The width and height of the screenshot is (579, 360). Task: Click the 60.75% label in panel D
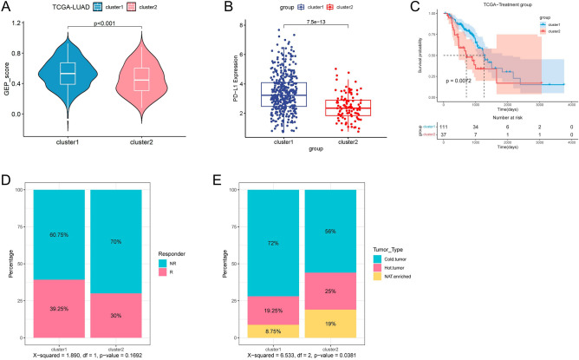pos(58,233)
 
